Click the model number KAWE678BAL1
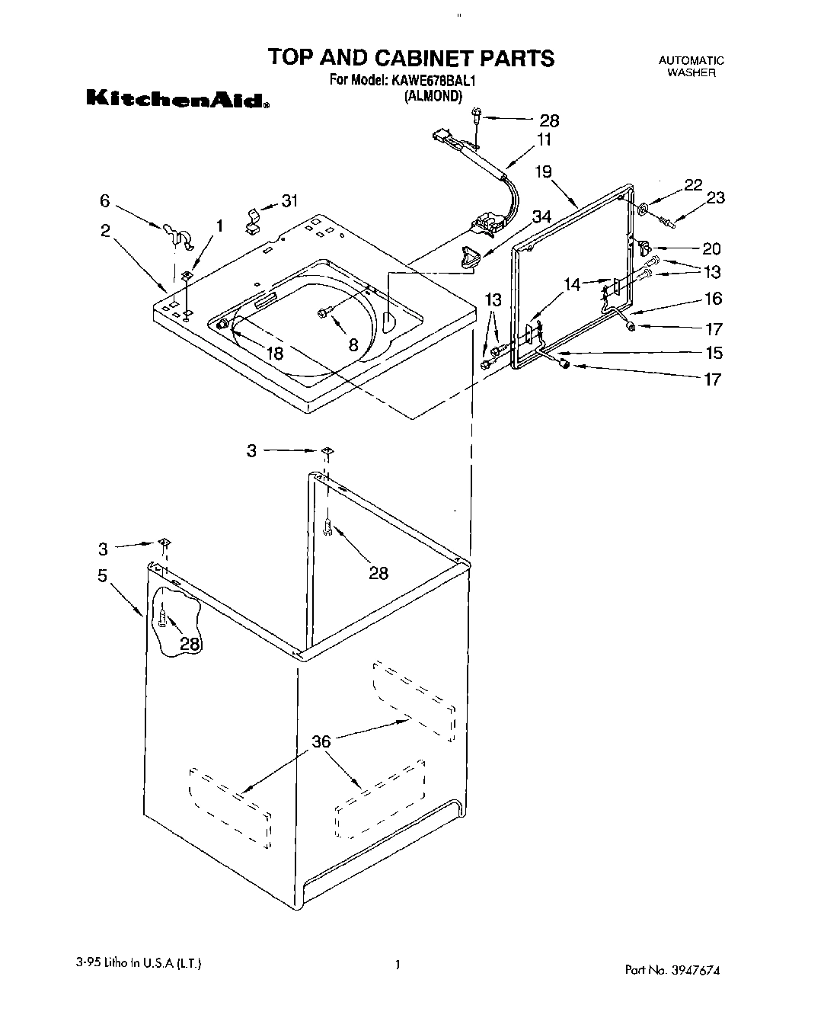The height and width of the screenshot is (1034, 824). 436,79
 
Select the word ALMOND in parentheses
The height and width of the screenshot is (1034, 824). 433,96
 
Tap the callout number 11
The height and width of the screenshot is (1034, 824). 544,139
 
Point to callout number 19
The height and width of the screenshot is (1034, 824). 542,171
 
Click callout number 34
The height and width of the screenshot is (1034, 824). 541,216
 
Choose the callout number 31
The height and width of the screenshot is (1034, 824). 289,201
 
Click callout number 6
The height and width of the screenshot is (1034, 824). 104,200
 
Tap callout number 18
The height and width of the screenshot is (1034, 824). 275,353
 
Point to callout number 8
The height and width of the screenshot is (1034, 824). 353,344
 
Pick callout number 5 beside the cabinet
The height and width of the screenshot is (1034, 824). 102,575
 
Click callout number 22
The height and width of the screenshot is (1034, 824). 692,184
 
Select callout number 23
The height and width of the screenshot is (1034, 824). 715,198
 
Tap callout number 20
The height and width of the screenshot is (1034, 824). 711,248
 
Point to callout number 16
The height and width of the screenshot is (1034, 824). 713,299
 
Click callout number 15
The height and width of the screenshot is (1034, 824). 713,353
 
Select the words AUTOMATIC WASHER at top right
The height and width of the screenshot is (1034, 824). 691,66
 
